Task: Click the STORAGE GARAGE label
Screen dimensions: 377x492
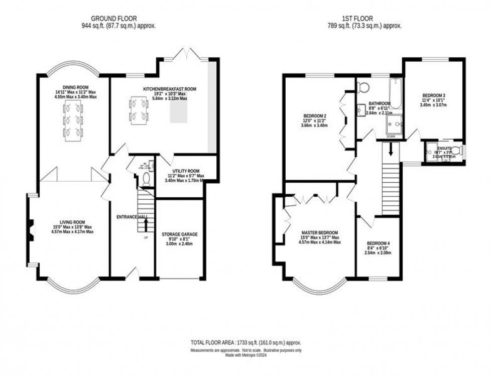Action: pyautogui.click(x=179, y=234)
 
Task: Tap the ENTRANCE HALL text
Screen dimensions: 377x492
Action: pyautogui.click(x=130, y=216)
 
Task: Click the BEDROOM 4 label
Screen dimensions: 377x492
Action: pyautogui.click(x=378, y=243)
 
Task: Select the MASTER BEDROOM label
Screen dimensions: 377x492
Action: pyautogui.click(x=320, y=232)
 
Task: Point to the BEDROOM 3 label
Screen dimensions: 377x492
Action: pyautogui.click(x=433, y=95)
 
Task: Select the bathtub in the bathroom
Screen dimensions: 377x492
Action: pyautogui.click(x=396, y=93)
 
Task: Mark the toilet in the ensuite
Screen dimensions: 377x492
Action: pyautogui.click(x=456, y=151)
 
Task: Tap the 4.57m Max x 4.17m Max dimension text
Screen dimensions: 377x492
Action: pyautogui.click(x=72, y=232)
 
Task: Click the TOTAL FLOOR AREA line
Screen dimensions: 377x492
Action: pyautogui.click(x=245, y=342)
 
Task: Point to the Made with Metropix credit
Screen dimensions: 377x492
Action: pyautogui.click(x=245, y=355)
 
